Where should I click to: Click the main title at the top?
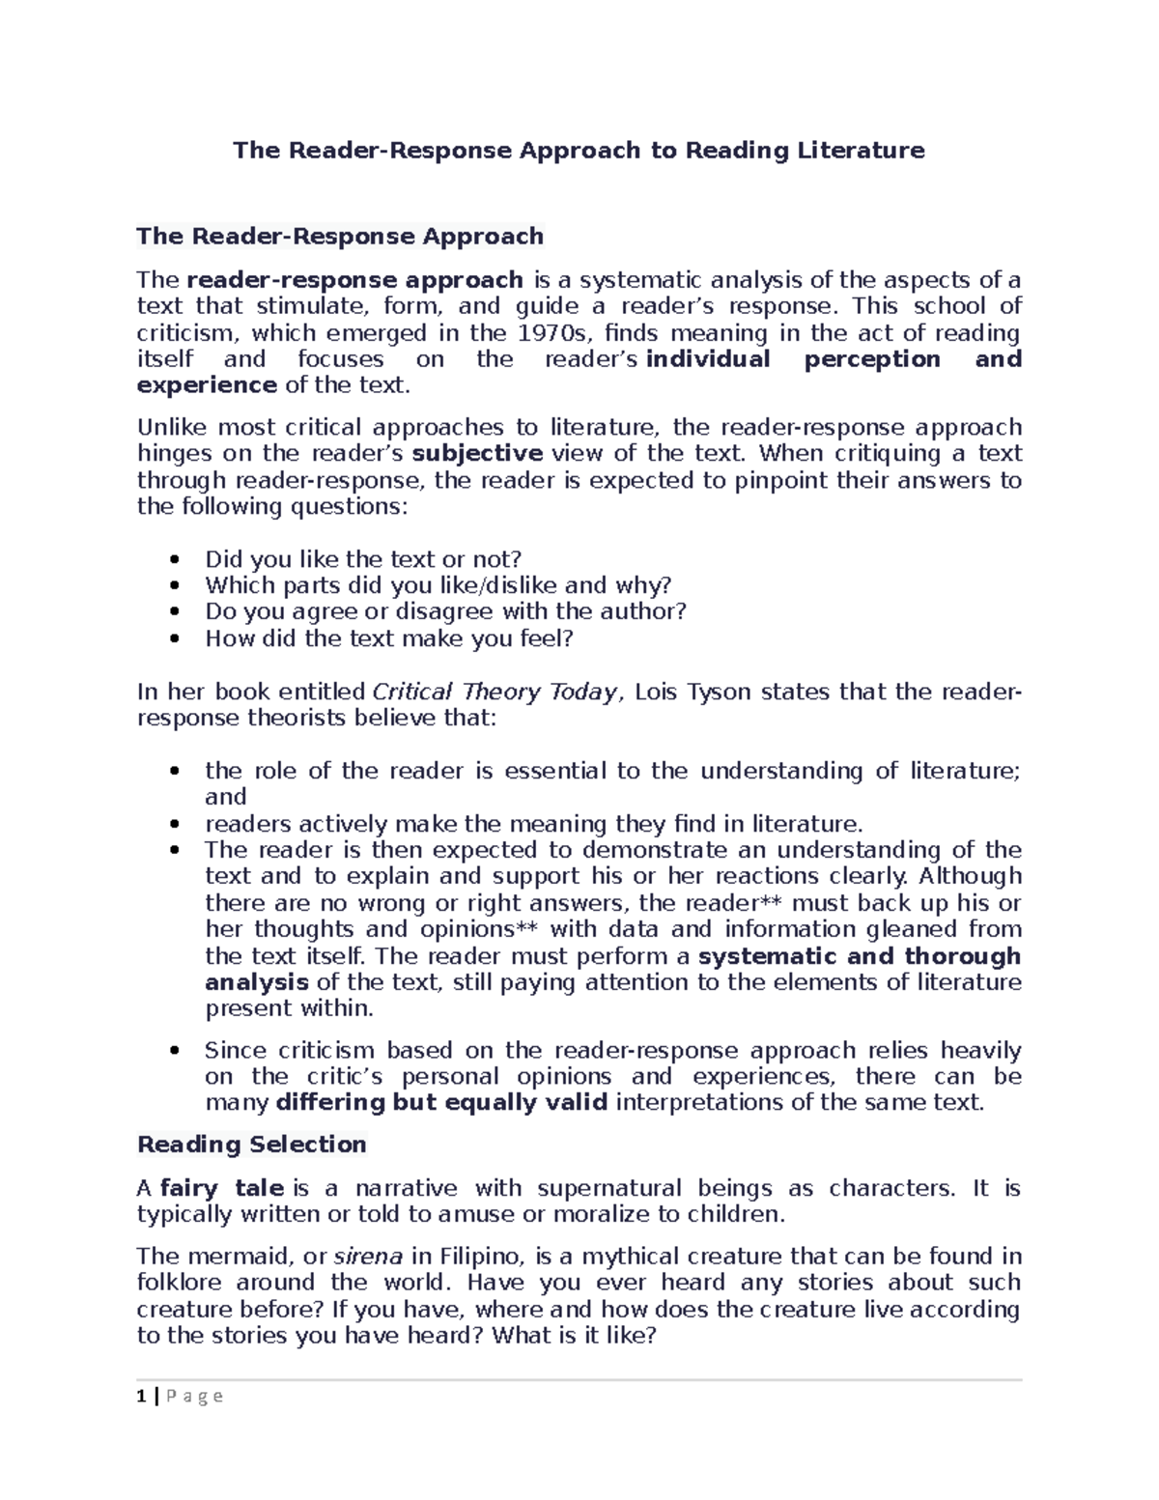click(x=579, y=150)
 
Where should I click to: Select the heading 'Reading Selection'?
click(x=252, y=1145)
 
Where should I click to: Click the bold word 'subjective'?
click(x=477, y=454)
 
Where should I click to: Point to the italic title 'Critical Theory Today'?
click(x=494, y=692)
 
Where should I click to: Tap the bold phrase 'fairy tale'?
click(x=221, y=1188)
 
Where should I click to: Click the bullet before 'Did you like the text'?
click(x=174, y=560)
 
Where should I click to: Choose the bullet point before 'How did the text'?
click(x=174, y=639)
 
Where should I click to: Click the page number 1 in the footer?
click(x=142, y=1396)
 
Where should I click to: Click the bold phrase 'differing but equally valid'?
click(x=441, y=1103)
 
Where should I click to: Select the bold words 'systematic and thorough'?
click(x=859, y=956)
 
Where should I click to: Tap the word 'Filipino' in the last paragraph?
click(x=480, y=1257)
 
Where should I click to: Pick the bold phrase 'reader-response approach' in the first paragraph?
click(x=354, y=280)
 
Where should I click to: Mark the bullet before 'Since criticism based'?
click(x=174, y=1052)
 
